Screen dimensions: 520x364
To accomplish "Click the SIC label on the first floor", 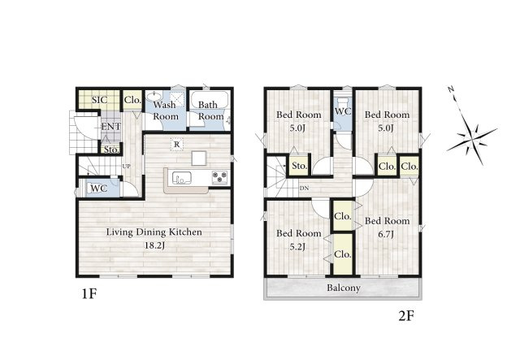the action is point(99,100).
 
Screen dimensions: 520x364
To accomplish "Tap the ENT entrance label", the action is point(111,127).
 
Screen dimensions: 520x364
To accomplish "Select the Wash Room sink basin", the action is point(154,97).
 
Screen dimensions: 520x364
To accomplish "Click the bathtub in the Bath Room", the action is point(209,100).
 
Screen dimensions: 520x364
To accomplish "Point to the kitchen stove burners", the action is point(220,177).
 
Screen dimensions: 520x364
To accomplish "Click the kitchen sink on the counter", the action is point(181,178).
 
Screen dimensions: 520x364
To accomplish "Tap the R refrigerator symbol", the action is point(177,145).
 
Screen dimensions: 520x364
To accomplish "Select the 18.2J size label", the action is point(154,246).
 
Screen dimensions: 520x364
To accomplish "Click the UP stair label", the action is point(127,167).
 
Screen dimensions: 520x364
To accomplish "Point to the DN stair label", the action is point(304,188).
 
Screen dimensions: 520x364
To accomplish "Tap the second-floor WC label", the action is point(343,111).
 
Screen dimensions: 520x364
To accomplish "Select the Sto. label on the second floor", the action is point(300,166).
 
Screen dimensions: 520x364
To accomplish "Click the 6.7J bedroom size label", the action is point(386,235).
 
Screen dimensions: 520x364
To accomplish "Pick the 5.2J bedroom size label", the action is point(297,247).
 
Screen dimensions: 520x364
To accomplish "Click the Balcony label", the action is point(344,288).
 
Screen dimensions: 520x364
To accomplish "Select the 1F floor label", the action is point(89,294).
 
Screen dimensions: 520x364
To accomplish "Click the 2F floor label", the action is point(406,316).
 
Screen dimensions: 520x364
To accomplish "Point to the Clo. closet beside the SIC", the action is point(132,100).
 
